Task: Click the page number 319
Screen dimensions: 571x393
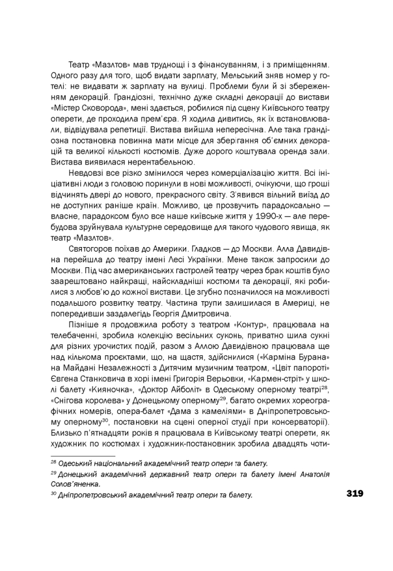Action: [355, 493]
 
